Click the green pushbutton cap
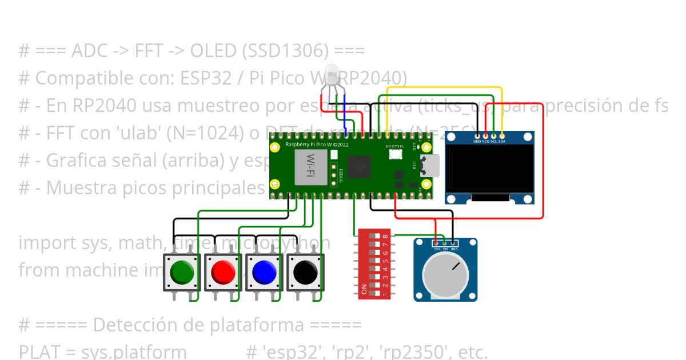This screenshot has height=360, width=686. [x=182, y=272]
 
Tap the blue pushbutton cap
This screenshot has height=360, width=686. [x=264, y=272]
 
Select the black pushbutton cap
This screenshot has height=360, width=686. [x=305, y=272]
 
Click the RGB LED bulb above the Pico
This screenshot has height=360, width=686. [x=331, y=77]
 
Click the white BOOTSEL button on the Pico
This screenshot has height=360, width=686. [x=395, y=155]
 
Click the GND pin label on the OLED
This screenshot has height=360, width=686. [x=477, y=141]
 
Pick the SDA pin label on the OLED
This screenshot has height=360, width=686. [x=502, y=141]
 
